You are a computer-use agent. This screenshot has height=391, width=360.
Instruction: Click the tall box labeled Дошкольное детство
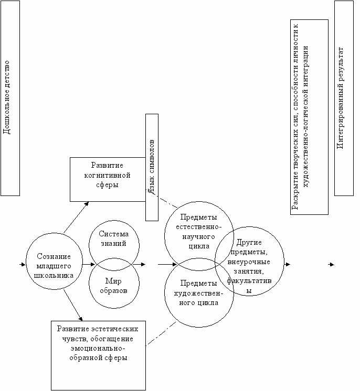(10, 98)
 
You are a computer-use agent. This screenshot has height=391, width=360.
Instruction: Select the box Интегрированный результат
(344, 98)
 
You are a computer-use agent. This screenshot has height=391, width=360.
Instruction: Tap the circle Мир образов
(114, 286)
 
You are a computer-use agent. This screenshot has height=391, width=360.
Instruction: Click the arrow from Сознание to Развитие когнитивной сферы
(77, 216)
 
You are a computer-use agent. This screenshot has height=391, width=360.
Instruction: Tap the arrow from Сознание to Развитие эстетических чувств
(73, 305)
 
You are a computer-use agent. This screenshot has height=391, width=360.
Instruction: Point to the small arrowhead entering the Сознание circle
(23, 264)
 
